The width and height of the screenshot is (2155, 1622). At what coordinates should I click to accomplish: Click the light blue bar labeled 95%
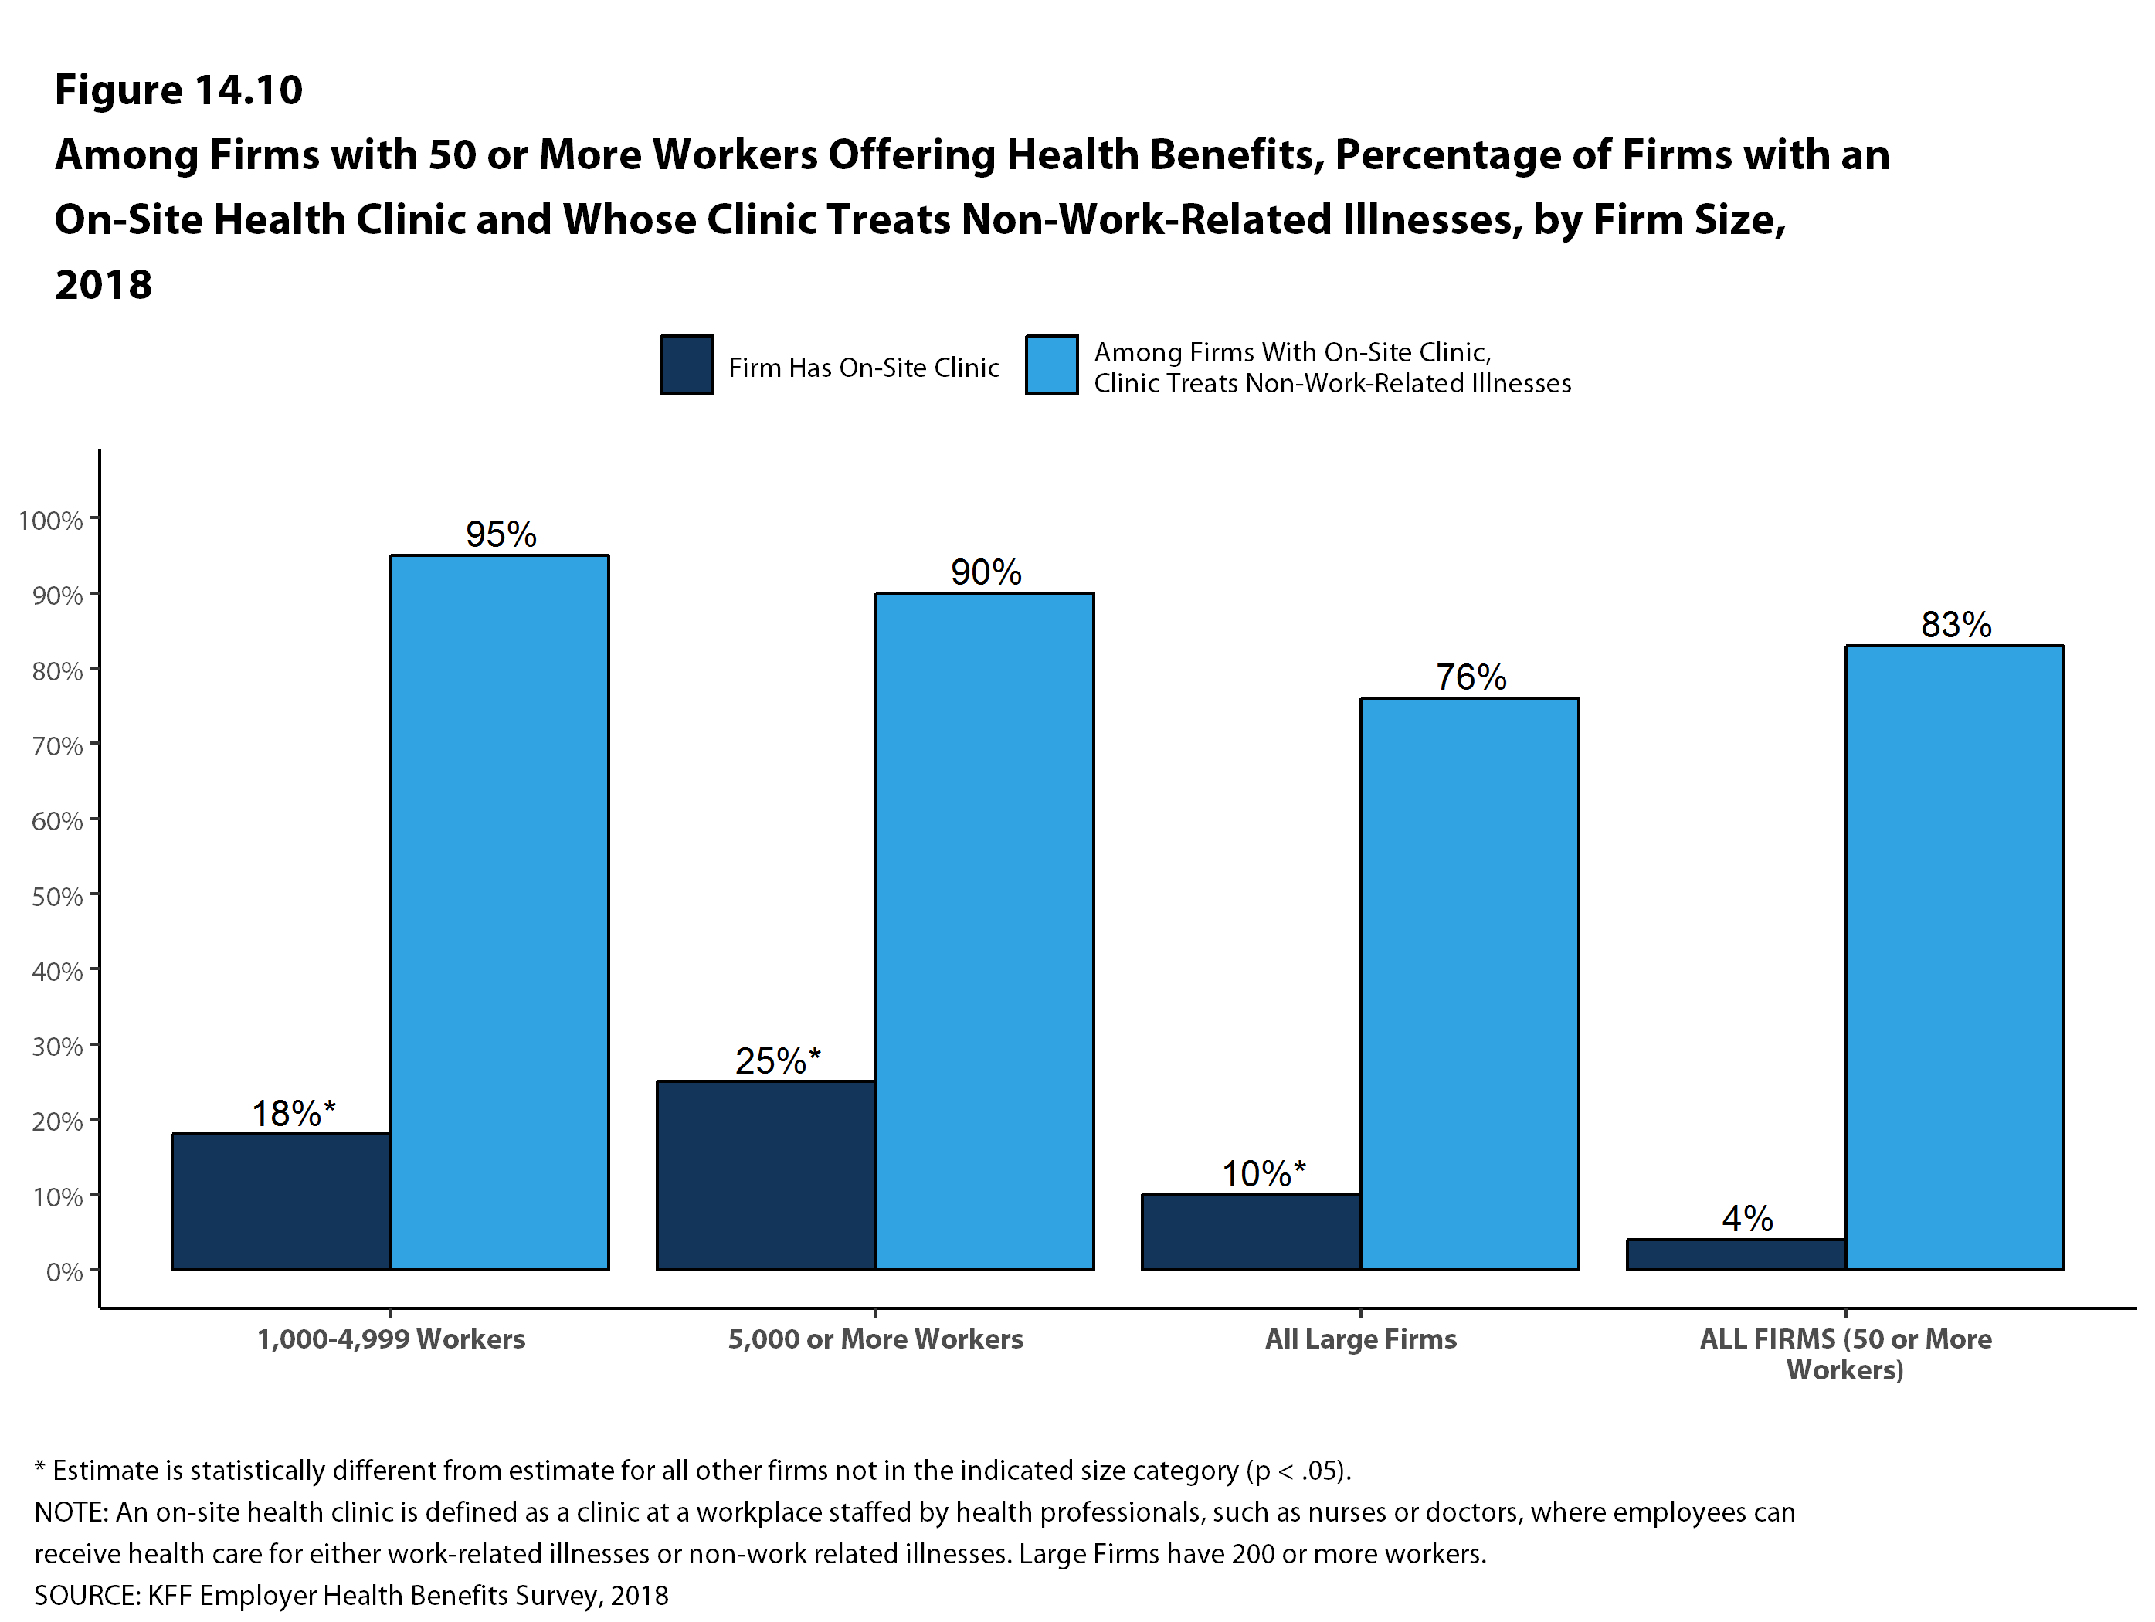click(x=500, y=912)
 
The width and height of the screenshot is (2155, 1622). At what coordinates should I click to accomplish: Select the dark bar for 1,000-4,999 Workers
click(x=282, y=1201)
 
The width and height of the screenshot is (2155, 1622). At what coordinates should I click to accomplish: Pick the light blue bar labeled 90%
click(x=984, y=931)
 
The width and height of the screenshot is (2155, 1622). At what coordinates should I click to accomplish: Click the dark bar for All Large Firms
click(x=1251, y=1231)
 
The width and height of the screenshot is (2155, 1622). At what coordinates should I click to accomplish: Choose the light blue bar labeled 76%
click(x=1469, y=983)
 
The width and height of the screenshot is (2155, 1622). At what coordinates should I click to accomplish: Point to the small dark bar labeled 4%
click(x=1736, y=1255)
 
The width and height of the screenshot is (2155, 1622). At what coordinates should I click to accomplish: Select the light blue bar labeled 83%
click(x=1954, y=957)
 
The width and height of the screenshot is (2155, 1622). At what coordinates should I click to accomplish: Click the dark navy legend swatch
click(x=687, y=365)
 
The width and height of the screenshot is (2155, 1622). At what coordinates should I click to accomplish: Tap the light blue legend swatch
click(x=1051, y=365)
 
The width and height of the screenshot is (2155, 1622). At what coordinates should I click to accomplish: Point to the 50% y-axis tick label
click(x=56, y=896)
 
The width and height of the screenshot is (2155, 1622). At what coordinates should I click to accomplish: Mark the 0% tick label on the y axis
click(x=63, y=1272)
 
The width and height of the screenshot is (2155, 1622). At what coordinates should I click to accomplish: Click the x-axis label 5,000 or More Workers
click(x=875, y=1339)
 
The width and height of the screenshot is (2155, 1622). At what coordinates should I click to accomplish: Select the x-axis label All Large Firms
click(x=1360, y=1339)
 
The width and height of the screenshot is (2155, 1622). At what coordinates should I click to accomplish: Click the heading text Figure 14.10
click(x=178, y=90)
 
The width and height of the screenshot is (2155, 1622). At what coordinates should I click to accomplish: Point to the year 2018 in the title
click(x=104, y=284)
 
